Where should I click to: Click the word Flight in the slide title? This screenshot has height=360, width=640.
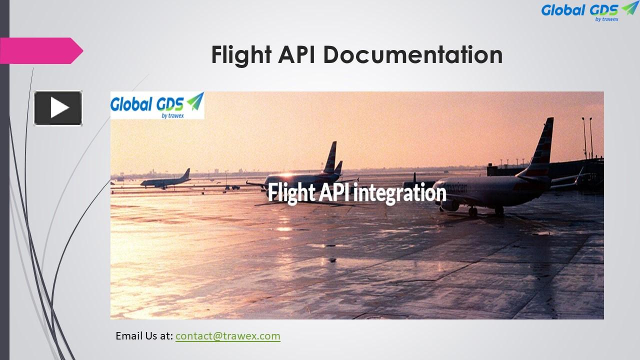238,54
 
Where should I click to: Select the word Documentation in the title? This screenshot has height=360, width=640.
413,54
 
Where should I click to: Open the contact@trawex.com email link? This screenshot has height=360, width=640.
227,335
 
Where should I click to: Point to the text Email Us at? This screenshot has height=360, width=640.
144,335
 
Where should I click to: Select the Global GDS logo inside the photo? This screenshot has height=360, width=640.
157,105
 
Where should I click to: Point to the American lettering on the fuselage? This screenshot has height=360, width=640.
455,188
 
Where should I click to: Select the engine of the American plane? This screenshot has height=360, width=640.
450,204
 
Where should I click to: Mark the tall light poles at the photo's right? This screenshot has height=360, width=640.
587,137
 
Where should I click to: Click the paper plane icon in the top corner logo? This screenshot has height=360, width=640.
629,8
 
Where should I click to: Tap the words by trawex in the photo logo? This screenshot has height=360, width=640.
172,115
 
